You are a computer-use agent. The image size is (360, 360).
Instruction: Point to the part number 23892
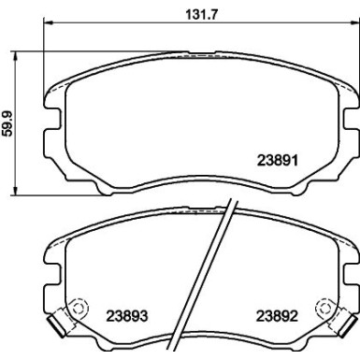tap(277, 315)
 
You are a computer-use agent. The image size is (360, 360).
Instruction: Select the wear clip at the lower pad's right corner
tap(348, 323)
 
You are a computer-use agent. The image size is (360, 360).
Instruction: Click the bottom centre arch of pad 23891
tap(201, 191)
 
